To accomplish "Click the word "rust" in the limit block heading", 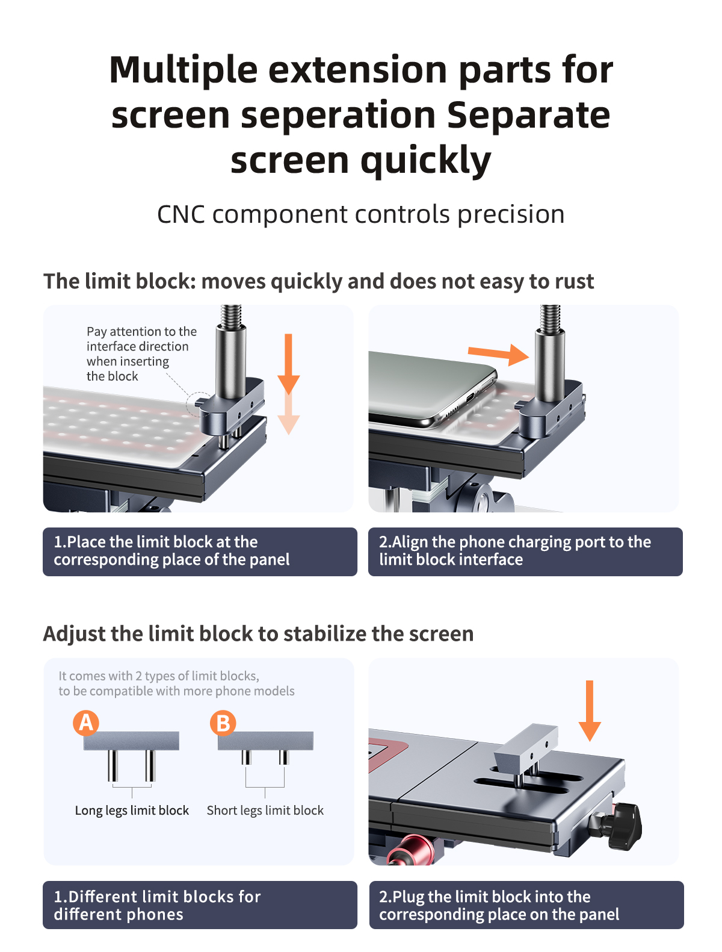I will (572, 281).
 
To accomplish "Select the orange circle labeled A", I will (86, 723).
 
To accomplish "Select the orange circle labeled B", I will (223, 723).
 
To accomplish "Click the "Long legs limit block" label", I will (132, 810).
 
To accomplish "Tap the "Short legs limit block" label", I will (265, 810).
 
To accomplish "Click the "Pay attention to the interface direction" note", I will (141, 353).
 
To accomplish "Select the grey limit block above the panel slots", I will (526, 747).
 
